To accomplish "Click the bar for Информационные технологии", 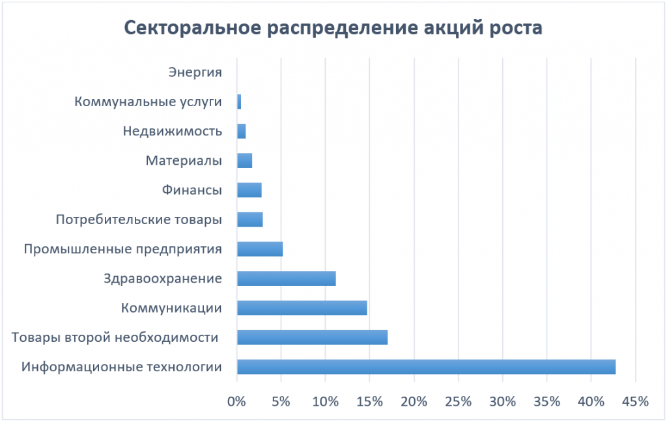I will (x=426, y=367).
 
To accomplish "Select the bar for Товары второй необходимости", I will (x=312, y=337).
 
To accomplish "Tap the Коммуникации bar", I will (x=302, y=308).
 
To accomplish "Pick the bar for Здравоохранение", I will (x=286, y=279).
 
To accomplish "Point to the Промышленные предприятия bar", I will (x=259, y=249).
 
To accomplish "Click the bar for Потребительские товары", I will (x=249, y=219).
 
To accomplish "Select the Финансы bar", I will (x=249, y=190).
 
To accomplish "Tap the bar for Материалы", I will (x=244, y=161).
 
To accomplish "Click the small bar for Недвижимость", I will (x=241, y=131).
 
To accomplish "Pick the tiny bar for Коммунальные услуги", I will (x=239, y=102).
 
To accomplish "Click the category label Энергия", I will (x=195, y=72).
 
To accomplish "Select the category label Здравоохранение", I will (x=163, y=279).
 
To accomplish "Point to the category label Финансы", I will (x=192, y=190).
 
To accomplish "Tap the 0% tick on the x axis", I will (x=236, y=401).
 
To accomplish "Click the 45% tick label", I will (x=636, y=401).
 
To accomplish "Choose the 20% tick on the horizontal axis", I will (x=414, y=401).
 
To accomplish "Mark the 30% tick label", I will (x=502, y=401).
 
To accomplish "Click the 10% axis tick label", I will (x=324, y=401).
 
